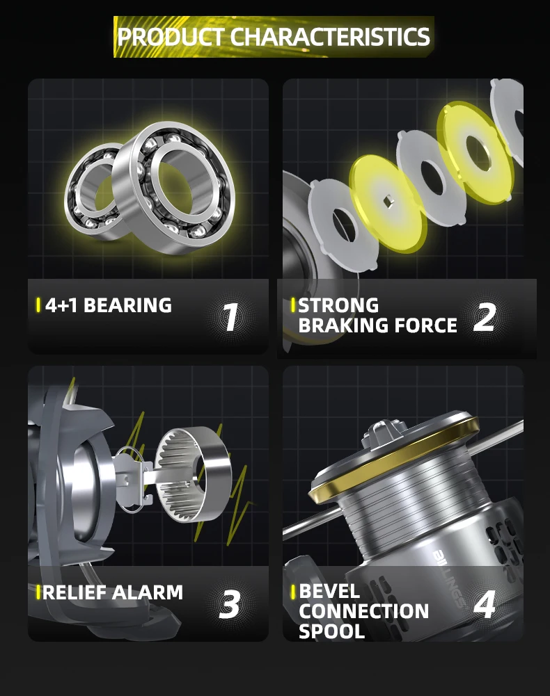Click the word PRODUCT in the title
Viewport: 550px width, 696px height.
pyautogui.click(x=171, y=36)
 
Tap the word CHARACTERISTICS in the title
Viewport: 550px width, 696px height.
pyautogui.click(x=330, y=36)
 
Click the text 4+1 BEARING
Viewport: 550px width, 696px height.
pyautogui.click(x=109, y=305)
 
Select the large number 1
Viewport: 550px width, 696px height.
pyautogui.click(x=230, y=317)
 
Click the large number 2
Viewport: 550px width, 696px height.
pyautogui.click(x=485, y=317)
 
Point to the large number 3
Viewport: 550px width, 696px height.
pyautogui.click(x=230, y=604)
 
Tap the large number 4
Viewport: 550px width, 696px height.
pyautogui.click(x=484, y=604)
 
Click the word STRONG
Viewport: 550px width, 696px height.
pyautogui.click(x=338, y=305)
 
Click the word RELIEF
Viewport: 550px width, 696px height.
pyautogui.click(x=74, y=592)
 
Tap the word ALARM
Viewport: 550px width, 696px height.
pyautogui.click(x=147, y=592)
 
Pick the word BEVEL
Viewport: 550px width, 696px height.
pyautogui.click(x=329, y=591)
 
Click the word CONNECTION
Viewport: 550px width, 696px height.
pyautogui.click(x=363, y=611)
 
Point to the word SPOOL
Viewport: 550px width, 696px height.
pyautogui.click(x=331, y=631)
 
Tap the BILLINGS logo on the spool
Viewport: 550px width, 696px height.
pyautogui.click(x=449, y=578)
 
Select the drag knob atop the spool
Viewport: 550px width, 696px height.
pyautogui.click(x=385, y=432)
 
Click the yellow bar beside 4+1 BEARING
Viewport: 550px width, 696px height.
pyautogui.click(x=38, y=305)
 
